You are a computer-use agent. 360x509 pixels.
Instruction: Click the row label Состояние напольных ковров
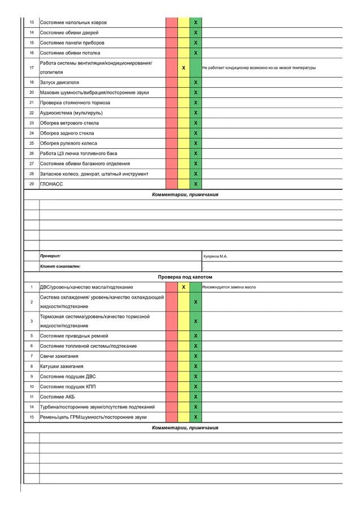(73, 23)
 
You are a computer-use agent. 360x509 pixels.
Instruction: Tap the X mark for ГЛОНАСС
(196, 184)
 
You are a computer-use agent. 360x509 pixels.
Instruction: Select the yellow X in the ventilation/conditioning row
(184, 68)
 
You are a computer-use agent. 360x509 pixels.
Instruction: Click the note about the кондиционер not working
(258, 68)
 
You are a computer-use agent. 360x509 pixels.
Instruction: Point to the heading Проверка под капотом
(185, 277)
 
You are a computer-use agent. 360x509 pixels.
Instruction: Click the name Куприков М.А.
(215, 256)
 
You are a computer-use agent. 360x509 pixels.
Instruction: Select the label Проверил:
(50, 256)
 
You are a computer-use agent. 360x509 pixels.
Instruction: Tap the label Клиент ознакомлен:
(60, 266)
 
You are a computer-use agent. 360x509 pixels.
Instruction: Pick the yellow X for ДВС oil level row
(184, 287)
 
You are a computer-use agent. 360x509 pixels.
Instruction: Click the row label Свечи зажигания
(59, 356)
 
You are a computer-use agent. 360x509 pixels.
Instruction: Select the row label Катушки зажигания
(61, 366)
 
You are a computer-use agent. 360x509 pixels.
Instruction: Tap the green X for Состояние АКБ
(196, 397)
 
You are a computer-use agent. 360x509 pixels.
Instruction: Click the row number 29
(32, 184)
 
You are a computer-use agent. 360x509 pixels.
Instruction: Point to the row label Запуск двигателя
(59, 83)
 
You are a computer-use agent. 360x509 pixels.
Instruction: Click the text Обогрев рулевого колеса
(68, 144)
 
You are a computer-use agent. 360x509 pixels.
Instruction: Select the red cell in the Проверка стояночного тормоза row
(171, 103)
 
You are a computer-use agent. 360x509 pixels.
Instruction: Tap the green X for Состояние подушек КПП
(196, 387)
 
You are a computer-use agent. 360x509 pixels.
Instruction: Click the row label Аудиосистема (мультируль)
(71, 113)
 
